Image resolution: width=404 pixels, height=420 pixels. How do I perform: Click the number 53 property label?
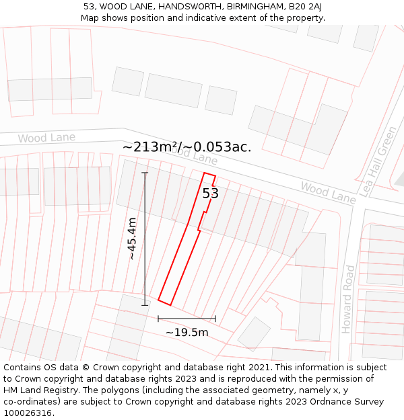[211, 194]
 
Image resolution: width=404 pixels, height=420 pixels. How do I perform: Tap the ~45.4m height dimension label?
[132, 239]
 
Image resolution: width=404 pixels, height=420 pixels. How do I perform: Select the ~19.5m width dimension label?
[187, 332]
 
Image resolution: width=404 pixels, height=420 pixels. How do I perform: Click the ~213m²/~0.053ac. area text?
[187, 146]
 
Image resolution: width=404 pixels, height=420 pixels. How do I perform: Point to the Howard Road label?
[347, 299]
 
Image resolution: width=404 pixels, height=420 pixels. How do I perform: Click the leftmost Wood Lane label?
[46, 138]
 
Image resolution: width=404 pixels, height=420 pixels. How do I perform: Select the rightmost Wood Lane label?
[328, 192]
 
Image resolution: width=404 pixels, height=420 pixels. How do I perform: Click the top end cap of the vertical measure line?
[145, 173]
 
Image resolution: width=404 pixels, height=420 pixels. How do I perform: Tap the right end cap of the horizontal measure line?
[215, 319]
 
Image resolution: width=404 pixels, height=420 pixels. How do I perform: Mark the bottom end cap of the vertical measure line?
[145, 305]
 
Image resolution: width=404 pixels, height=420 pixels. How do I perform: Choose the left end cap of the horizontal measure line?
[158, 319]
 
